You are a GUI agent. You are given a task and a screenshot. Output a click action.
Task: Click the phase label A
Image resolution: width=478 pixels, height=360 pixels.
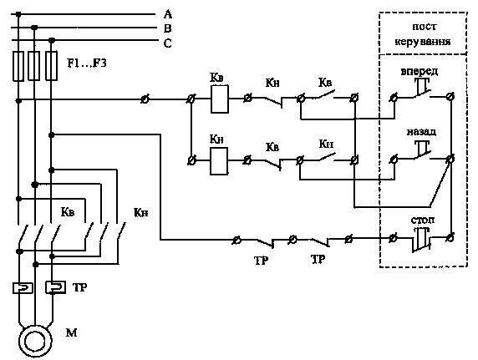[168, 14]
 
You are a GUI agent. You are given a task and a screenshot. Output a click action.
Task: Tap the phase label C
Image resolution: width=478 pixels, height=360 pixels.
[168, 43]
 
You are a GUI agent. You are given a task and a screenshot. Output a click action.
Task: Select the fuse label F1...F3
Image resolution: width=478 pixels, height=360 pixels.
[87, 63]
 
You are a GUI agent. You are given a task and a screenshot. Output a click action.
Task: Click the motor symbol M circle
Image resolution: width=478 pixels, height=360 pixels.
[35, 341]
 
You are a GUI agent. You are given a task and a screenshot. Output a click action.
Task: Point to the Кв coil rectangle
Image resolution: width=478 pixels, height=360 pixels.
[220, 99]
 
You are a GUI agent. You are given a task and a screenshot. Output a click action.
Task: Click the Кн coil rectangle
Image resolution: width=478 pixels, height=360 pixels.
[219, 161]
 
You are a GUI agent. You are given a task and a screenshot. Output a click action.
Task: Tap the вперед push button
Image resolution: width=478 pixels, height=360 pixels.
[422, 89]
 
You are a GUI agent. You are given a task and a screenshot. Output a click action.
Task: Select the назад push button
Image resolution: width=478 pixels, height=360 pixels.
[422, 150]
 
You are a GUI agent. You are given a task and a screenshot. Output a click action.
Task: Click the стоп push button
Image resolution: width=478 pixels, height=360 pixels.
[422, 240]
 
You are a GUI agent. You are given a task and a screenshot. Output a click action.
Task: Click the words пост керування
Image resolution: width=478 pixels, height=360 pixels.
[423, 34]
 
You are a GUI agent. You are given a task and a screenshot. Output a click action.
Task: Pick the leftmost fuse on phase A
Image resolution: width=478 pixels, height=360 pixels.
[18, 66]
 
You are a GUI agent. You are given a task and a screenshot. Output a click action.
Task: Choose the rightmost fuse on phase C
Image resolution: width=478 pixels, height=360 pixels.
[51, 66]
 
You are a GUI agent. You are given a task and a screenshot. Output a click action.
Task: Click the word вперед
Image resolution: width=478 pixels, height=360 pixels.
[420, 71]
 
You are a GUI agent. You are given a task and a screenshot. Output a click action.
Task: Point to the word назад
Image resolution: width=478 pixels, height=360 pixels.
[421, 132]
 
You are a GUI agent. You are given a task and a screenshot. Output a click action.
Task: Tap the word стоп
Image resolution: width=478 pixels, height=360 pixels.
[423, 220]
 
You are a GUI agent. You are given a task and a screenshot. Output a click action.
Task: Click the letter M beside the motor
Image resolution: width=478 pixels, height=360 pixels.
[71, 332]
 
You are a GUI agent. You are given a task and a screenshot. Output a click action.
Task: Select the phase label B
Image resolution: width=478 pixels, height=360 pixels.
[168, 28]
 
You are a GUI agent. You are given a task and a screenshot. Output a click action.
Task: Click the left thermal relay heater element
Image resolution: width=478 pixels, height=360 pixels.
[23, 288]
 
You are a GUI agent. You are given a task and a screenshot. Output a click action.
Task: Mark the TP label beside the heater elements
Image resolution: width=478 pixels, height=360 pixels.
[80, 287]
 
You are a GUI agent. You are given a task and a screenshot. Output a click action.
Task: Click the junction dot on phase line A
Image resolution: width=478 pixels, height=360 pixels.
[18, 14]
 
